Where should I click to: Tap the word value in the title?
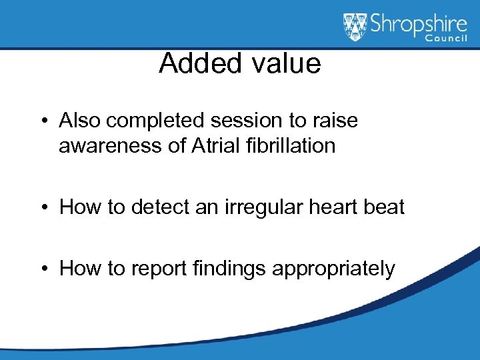pos(287,64)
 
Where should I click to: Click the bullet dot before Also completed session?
pos(43,121)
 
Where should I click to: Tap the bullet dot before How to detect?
pos(43,207)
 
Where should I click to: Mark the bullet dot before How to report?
pos(43,269)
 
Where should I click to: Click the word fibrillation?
pos(294,145)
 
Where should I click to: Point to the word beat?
pos(385,207)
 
